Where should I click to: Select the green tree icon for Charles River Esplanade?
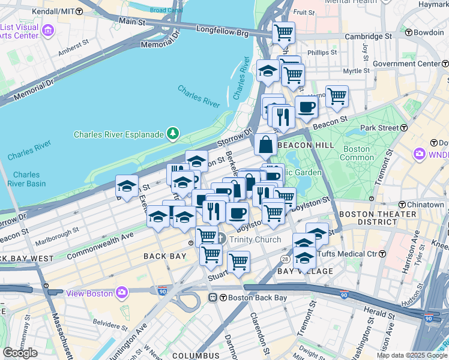173,133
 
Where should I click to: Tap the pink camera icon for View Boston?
122,292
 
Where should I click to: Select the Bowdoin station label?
428,32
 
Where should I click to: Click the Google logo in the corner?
20,352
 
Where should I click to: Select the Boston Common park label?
356,153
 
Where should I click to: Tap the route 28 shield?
285,258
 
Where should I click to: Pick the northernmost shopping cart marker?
283,32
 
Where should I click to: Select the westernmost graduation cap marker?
127,186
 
